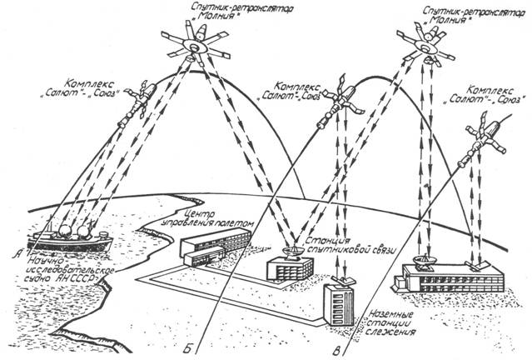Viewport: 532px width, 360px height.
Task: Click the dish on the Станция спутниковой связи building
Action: (294, 250)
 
